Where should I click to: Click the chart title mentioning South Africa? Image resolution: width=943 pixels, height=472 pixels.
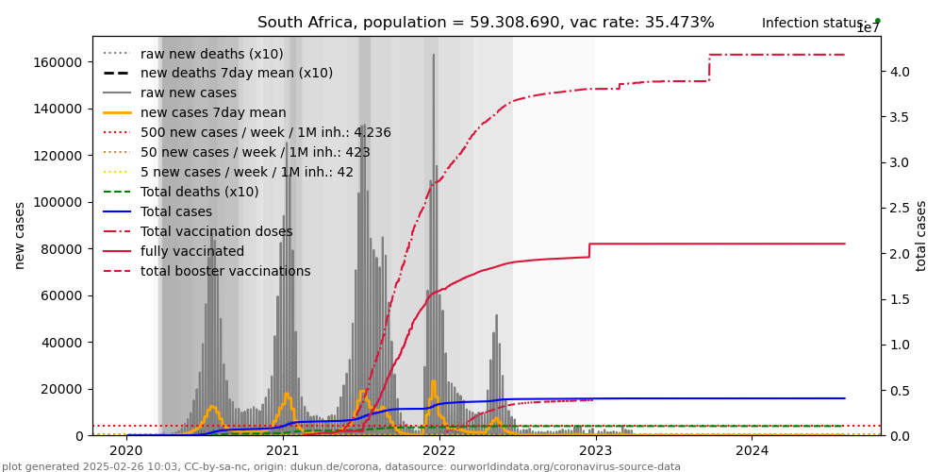[x=486, y=23]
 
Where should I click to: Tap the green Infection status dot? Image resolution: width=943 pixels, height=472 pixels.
[x=877, y=20]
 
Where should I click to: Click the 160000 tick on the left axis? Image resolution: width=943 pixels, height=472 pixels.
[x=58, y=62]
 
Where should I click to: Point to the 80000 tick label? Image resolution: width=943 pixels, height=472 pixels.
[x=61, y=249]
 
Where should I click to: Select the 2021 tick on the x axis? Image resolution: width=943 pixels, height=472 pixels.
[x=283, y=450]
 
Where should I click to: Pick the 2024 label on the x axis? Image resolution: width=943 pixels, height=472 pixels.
[x=752, y=450]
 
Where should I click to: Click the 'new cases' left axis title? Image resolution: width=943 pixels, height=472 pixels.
[x=20, y=235]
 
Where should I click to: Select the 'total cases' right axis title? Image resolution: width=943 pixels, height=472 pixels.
[x=921, y=235]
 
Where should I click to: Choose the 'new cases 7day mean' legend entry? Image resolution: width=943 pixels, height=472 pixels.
[x=213, y=112]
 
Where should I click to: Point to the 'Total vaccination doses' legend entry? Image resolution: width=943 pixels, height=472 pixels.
[x=216, y=231]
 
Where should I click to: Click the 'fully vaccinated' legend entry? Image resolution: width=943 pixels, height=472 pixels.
[x=192, y=251]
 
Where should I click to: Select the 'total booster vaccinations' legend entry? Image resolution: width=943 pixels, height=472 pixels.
[x=225, y=271]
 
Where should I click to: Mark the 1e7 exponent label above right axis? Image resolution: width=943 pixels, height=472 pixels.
[x=868, y=28]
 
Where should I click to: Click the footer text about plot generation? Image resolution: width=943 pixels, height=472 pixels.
[x=341, y=466]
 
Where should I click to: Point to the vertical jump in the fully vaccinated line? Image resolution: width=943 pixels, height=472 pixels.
[x=589, y=250]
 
